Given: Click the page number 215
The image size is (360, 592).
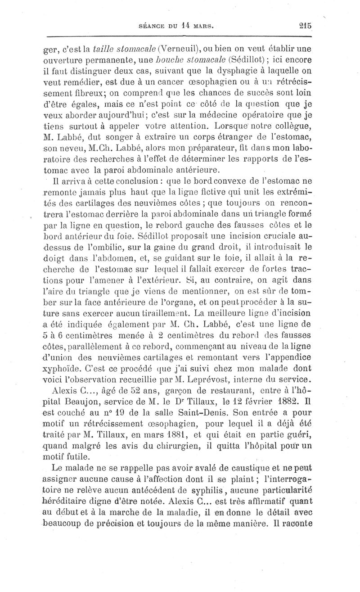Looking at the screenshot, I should click(x=305, y=26).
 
